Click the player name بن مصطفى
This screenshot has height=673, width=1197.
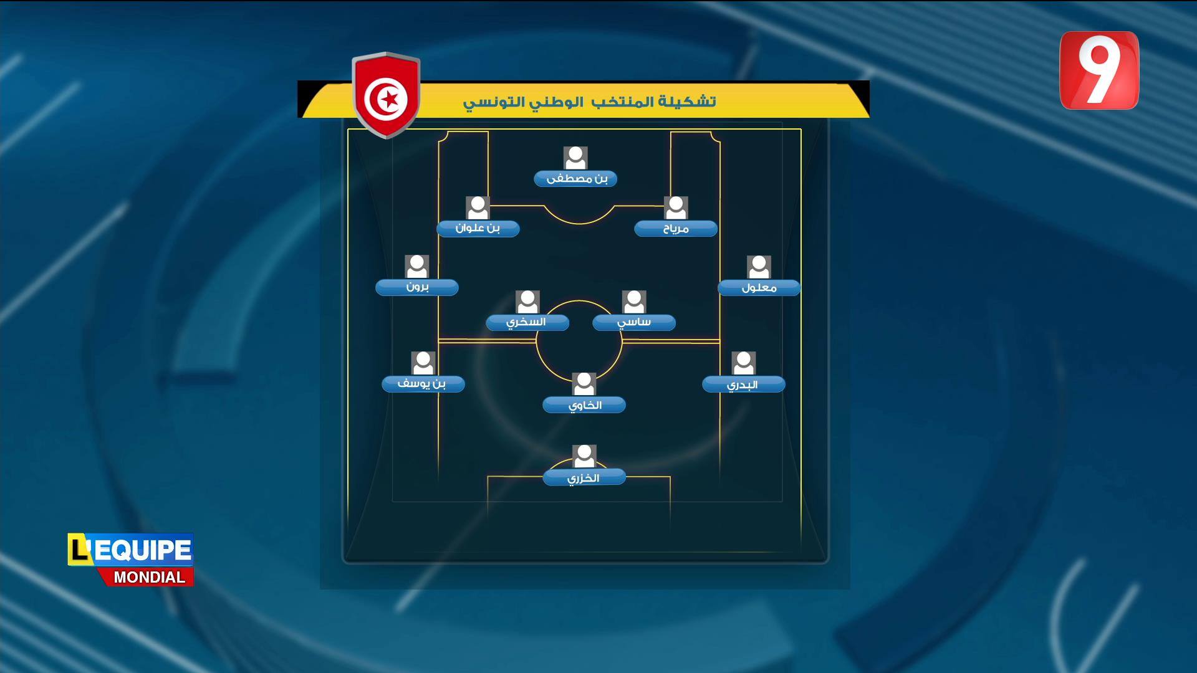pyautogui.click(x=575, y=179)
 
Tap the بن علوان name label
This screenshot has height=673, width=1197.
pyautogui.click(x=478, y=228)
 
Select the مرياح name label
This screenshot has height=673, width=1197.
pyautogui.click(x=676, y=229)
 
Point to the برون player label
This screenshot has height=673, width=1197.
pyautogui.click(x=417, y=287)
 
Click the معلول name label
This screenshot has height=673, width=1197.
pyautogui.click(x=759, y=288)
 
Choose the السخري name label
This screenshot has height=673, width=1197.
pyautogui.click(x=527, y=322)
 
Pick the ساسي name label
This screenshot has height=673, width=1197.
pyautogui.click(x=634, y=322)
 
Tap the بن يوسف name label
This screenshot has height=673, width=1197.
pyautogui.click(x=423, y=384)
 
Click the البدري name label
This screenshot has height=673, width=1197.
pyautogui.click(x=744, y=384)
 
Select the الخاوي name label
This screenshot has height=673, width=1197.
pyautogui.click(x=584, y=405)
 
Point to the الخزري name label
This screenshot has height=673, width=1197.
pyautogui.click(x=584, y=478)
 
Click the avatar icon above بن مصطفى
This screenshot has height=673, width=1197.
pyautogui.click(x=575, y=158)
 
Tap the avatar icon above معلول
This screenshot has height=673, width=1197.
pyautogui.click(x=759, y=267)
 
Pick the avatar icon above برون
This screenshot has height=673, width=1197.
pyautogui.click(x=417, y=267)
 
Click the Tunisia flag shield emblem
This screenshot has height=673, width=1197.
pyautogui.click(x=387, y=95)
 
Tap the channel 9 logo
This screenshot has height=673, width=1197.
pyautogui.click(x=1099, y=70)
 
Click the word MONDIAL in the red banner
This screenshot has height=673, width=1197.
pyautogui.click(x=150, y=578)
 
